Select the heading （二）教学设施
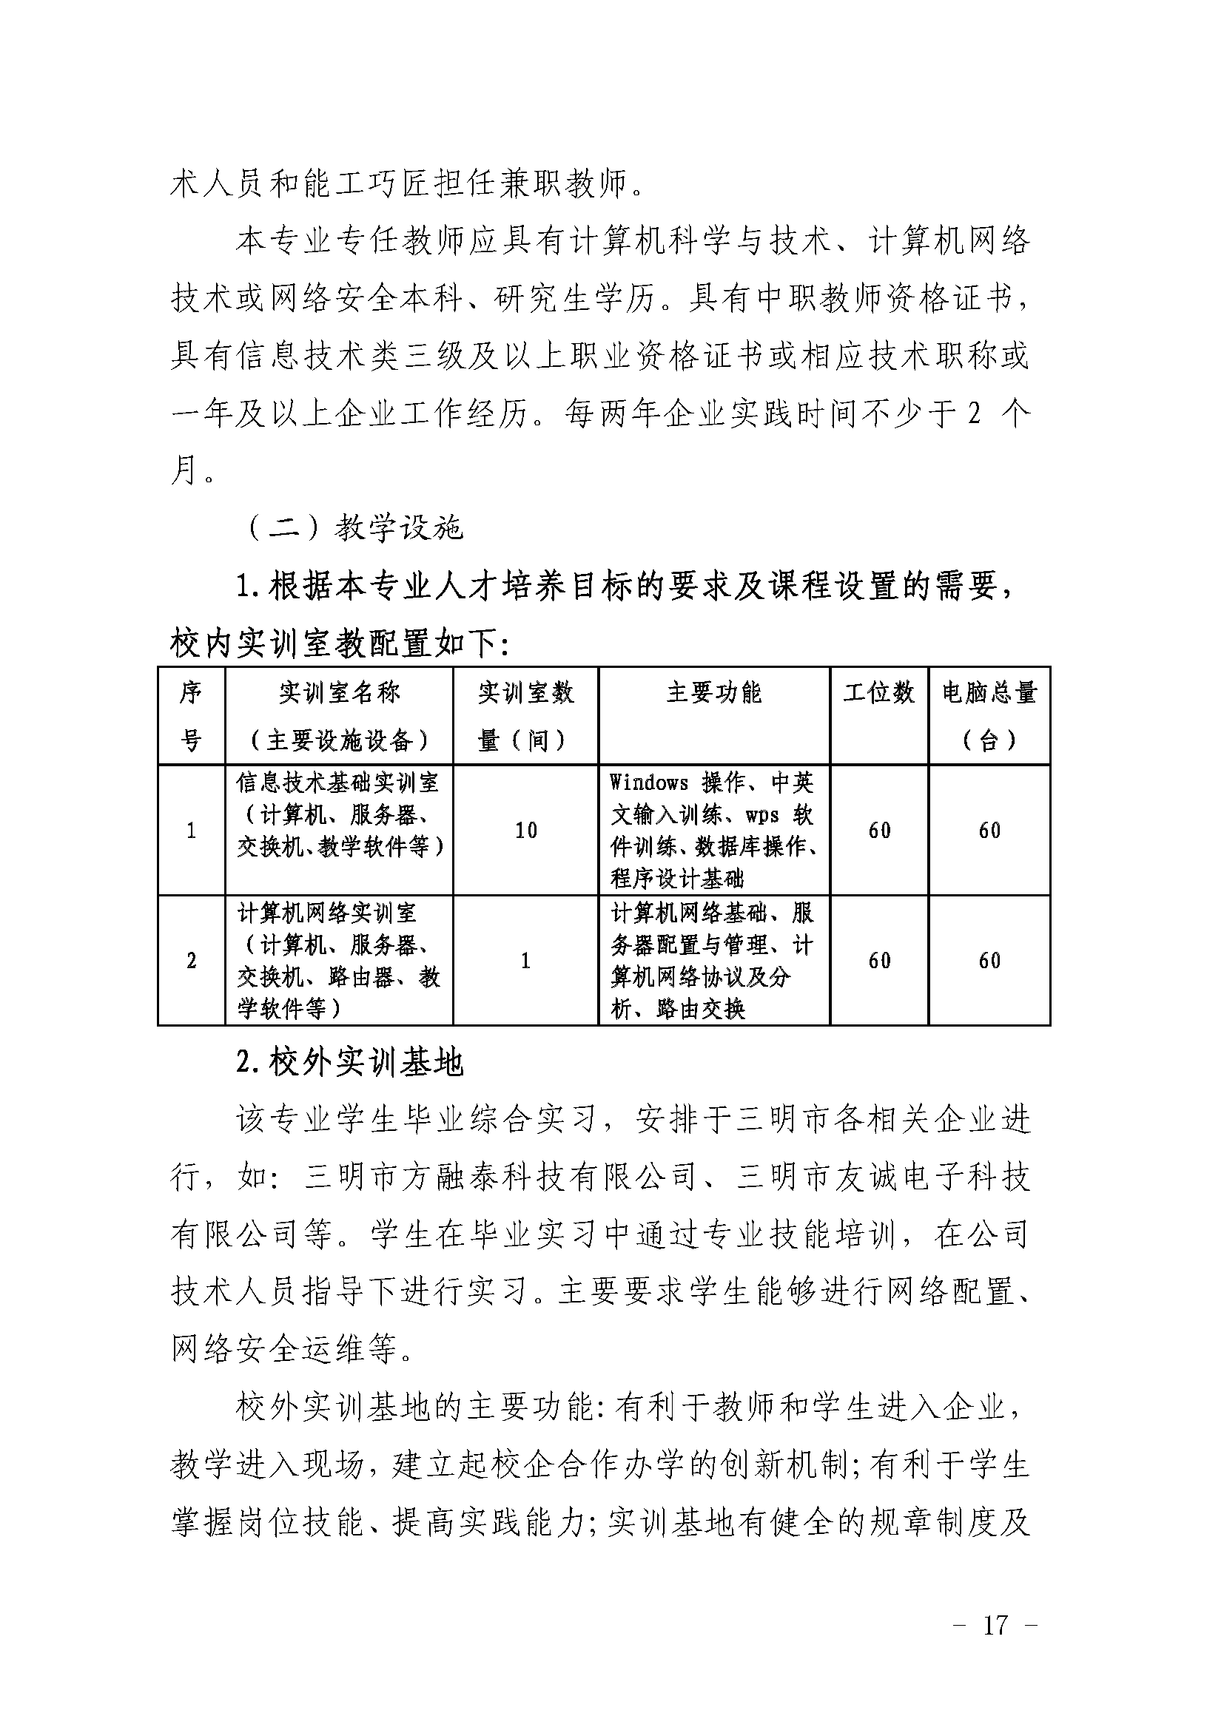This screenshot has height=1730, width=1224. coord(354,528)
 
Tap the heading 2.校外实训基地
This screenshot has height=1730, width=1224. coord(350,1062)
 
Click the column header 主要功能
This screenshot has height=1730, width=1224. coord(713,692)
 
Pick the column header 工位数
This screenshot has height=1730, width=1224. coord(879,692)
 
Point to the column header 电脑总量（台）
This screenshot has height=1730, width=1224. coord(989,716)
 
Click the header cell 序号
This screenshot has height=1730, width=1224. coord(191,716)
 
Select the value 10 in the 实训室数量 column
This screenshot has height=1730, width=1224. coord(525,831)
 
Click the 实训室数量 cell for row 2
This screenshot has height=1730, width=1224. coord(525,961)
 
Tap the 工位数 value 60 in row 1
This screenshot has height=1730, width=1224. coord(879,831)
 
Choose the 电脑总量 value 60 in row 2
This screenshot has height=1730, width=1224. coord(989,961)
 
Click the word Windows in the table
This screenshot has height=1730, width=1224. coord(649,783)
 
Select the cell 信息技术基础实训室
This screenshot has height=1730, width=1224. coord(337,783)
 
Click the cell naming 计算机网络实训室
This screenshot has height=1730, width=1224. coord(327,913)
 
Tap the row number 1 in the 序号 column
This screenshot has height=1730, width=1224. coord(191,831)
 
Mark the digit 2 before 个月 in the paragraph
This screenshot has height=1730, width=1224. coord(974,413)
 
